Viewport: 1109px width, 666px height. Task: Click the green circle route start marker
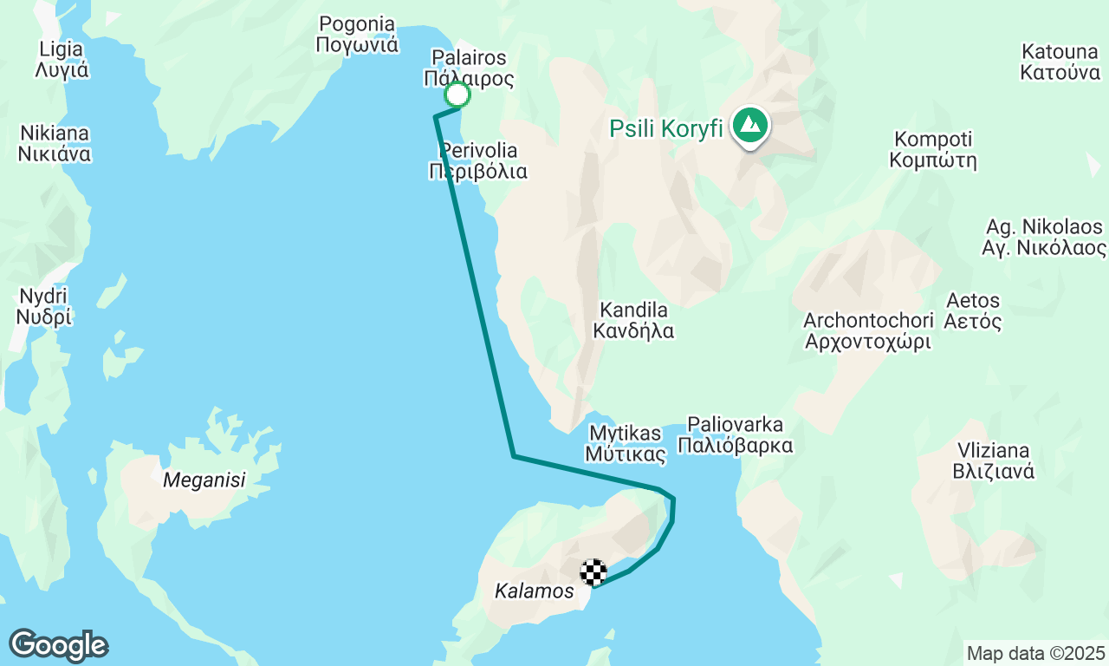(457, 95)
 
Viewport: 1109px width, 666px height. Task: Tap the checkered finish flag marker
(593, 572)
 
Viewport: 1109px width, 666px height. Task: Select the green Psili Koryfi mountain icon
(749, 126)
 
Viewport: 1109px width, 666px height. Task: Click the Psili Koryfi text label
(666, 129)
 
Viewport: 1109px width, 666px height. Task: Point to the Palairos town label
(469, 69)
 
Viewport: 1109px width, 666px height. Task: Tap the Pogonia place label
(357, 35)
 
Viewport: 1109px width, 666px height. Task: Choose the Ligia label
(62, 59)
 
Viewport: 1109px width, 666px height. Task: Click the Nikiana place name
(54, 144)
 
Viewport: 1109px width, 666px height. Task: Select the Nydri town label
(43, 307)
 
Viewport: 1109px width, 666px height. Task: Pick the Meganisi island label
(204, 480)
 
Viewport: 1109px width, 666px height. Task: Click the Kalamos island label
(534, 591)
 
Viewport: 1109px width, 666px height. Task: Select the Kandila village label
(633, 320)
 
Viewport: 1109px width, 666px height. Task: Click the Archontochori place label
(867, 330)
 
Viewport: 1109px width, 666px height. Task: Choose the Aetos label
(974, 311)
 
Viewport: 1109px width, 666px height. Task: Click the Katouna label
(1060, 61)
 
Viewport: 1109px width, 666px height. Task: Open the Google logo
(58, 645)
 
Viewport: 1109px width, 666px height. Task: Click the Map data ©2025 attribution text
(1035, 653)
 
